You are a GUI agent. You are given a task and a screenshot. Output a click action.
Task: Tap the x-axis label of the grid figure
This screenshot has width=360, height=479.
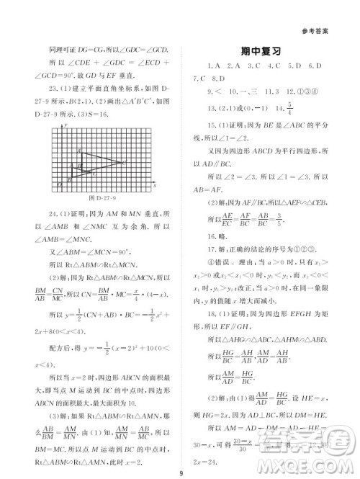click(x=153, y=185)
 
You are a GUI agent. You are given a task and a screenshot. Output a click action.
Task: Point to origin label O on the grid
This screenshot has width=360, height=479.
click(x=60, y=185)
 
